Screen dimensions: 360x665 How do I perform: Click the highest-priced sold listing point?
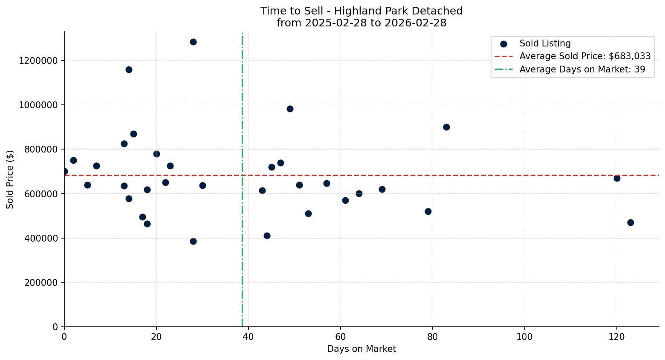[x=193, y=42]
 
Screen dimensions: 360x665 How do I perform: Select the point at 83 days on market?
[x=446, y=127]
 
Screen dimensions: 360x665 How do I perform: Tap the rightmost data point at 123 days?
[x=630, y=222]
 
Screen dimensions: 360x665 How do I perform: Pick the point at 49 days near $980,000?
[x=290, y=109]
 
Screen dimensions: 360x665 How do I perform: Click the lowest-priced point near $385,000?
[x=193, y=241]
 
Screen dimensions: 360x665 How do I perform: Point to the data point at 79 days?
[x=428, y=211]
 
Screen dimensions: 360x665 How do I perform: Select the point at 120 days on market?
[x=617, y=178]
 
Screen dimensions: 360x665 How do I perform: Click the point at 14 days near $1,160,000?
[x=129, y=69]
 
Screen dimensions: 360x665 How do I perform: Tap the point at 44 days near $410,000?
[x=267, y=236]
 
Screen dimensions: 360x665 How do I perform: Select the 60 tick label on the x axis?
[x=340, y=337]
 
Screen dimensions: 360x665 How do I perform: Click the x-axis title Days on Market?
[x=361, y=349]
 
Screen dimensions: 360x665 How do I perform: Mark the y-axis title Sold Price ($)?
[x=10, y=179]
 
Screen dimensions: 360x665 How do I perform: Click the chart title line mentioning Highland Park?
[x=361, y=11]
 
